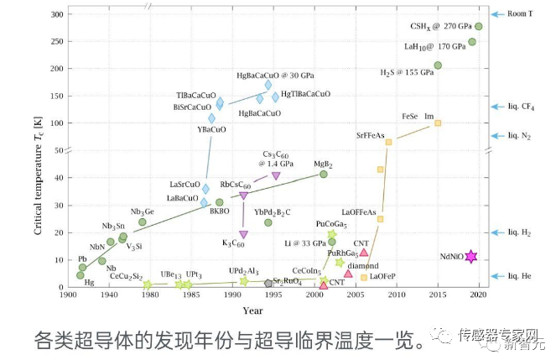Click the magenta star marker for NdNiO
[471, 257]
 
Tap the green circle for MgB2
[324, 175]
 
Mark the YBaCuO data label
[211, 130]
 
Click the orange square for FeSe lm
[438, 123]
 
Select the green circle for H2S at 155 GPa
[438, 65]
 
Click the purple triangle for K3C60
[244, 235]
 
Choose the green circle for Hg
[81, 275]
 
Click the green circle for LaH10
[472, 42]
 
